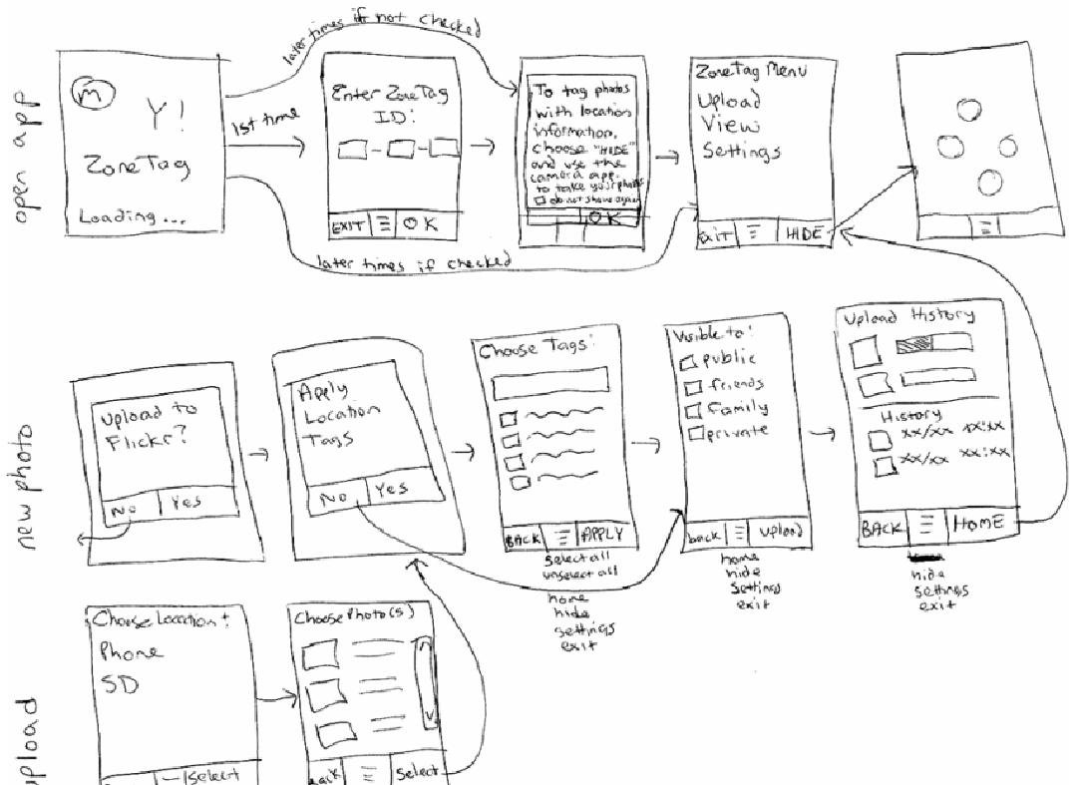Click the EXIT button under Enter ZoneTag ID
(349, 225)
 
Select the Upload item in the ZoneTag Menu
(729, 102)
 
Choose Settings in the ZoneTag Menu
(740, 152)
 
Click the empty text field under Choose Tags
(550, 380)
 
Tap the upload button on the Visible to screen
(780, 532)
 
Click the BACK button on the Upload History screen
(883, 528)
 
